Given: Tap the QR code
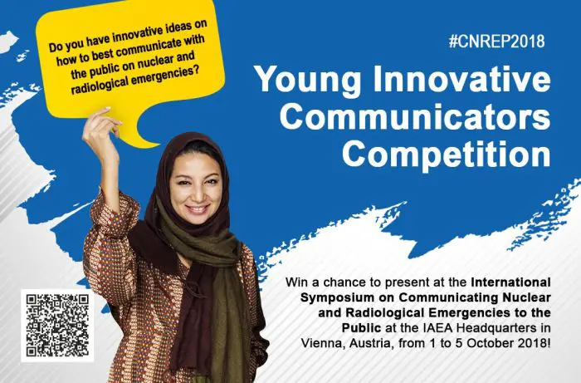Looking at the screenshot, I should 56,327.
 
